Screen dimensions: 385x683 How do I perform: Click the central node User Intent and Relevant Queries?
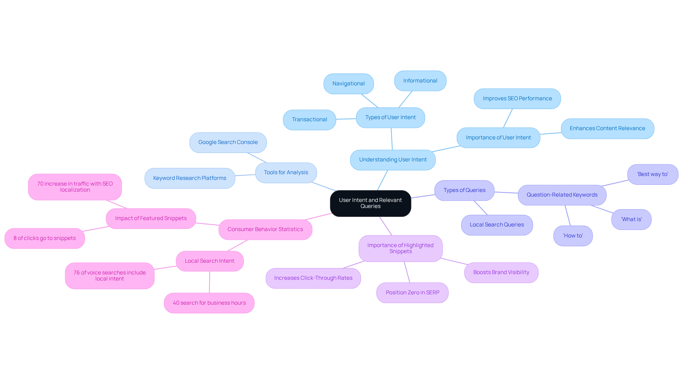click(x=370, y=203)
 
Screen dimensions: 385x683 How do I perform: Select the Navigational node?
click(x=348, y=84)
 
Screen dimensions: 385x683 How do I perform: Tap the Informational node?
click(x=420, y=81)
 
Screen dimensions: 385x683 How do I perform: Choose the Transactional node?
click(x=309, y=120)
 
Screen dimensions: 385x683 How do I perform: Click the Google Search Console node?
click(x=228, y=143)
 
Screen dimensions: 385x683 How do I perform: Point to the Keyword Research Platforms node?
click(x=190, y=178)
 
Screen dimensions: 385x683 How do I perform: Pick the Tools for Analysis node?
click(x=286, y=173)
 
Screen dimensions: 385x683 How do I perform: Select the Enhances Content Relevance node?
click(x=607, y=129)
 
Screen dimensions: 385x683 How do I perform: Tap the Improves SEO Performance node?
click(x=517, y=99)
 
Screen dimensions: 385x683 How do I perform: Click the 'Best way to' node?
click(x=652, y=175)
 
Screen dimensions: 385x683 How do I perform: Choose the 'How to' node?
click(x=573, y=236)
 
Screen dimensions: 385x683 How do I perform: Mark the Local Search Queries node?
click(x=497, y=225)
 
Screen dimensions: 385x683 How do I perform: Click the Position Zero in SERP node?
click(x=412, y=293)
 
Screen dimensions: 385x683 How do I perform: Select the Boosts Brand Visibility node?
click(x=501, y=273)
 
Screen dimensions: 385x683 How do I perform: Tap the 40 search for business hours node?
click(x=209, y=303)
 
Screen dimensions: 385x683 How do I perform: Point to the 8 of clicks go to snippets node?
click(x=44, y=239)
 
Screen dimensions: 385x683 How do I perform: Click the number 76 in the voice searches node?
click(x=76, y=273)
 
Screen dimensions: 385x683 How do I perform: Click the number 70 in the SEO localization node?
click(x=40, y=184)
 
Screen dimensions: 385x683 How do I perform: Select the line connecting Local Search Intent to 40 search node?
click(x=210, y=282)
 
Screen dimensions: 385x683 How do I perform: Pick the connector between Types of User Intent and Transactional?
click(x=346, y=119)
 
